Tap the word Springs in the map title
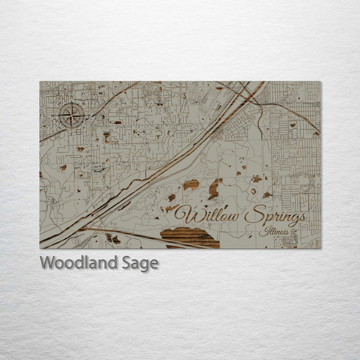click(275, 216)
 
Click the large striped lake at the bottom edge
click(189, 237)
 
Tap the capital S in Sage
click(127, 262)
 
